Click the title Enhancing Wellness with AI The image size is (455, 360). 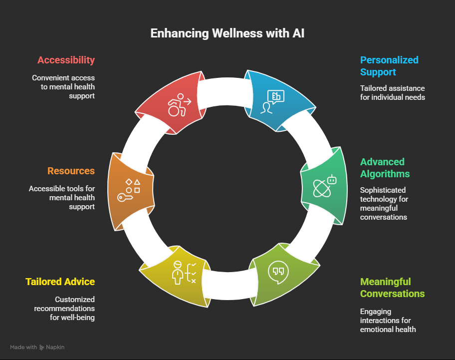(x=227, y=34)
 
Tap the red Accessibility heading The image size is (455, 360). (x=66, y=60)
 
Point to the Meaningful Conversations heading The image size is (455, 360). (x=392, y=288)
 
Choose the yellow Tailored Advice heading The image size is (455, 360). (x=60, y=282)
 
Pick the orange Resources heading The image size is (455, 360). (x=71, y=171)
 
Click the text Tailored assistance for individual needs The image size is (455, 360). (x=393, y=93)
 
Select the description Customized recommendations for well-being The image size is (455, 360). (x=64, y=309)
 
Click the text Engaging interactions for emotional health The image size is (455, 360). (x=388, y=321)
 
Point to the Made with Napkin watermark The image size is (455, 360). (x=37, y=347)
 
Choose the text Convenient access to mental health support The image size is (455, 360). (x=63, y=87)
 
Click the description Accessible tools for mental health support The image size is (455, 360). (x=62, y=198)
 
